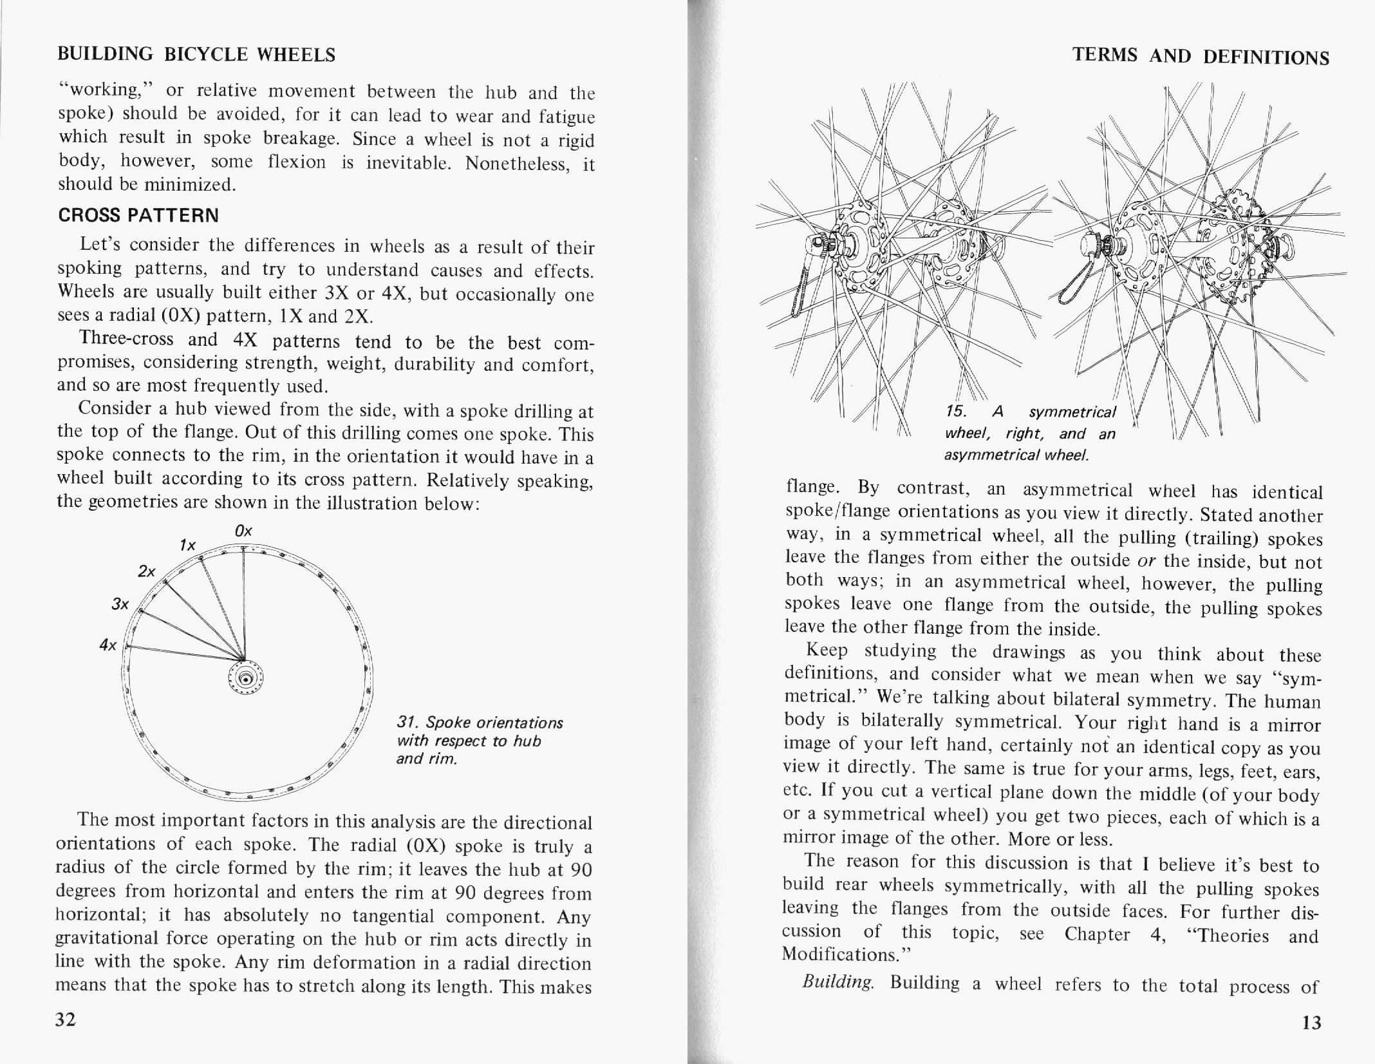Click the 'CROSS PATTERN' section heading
(138, 215)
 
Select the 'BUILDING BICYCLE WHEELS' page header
(196, 54)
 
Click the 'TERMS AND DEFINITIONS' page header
(1201, 57)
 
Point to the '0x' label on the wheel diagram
(243, 531)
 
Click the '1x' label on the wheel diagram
(187, 546)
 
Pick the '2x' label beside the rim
(147, 571)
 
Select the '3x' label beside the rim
(120, 604)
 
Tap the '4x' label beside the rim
(108, 645)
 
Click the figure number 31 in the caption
(406, 723)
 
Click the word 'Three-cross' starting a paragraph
(126, 339)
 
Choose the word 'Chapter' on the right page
(1097, 934)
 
